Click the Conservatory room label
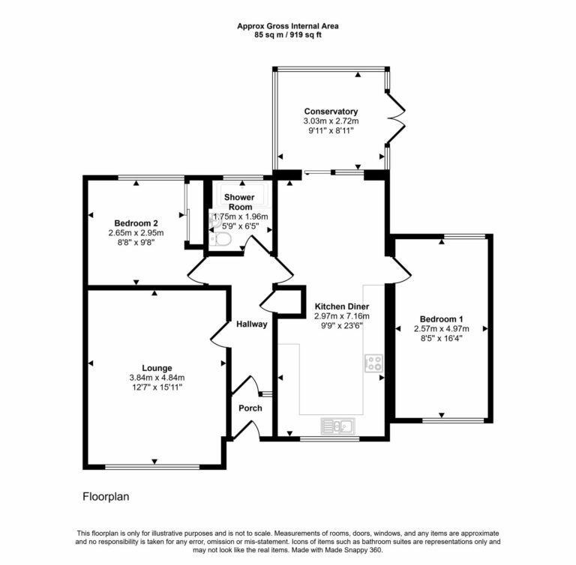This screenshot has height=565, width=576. coord(331,112)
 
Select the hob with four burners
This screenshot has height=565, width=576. coord(373,363)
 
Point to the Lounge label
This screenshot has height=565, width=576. coord(157,368)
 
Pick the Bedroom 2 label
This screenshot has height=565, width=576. coord(136,223)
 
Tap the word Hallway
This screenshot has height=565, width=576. coord(252,324)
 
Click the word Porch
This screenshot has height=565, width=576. coord(250,408)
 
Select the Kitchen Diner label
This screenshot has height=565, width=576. coord(342,307)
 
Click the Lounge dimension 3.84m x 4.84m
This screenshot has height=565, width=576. coord(157,377)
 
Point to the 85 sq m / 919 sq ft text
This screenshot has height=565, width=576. coord(288,34)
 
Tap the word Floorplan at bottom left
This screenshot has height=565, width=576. coord(106,496)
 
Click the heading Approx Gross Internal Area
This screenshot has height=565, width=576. coord(288,25)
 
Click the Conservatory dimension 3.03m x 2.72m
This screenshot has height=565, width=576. coord(331,121)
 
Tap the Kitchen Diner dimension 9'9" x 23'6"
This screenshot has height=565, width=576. coord(342,326)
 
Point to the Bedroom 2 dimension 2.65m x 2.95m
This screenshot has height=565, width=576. coord(136,232)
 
